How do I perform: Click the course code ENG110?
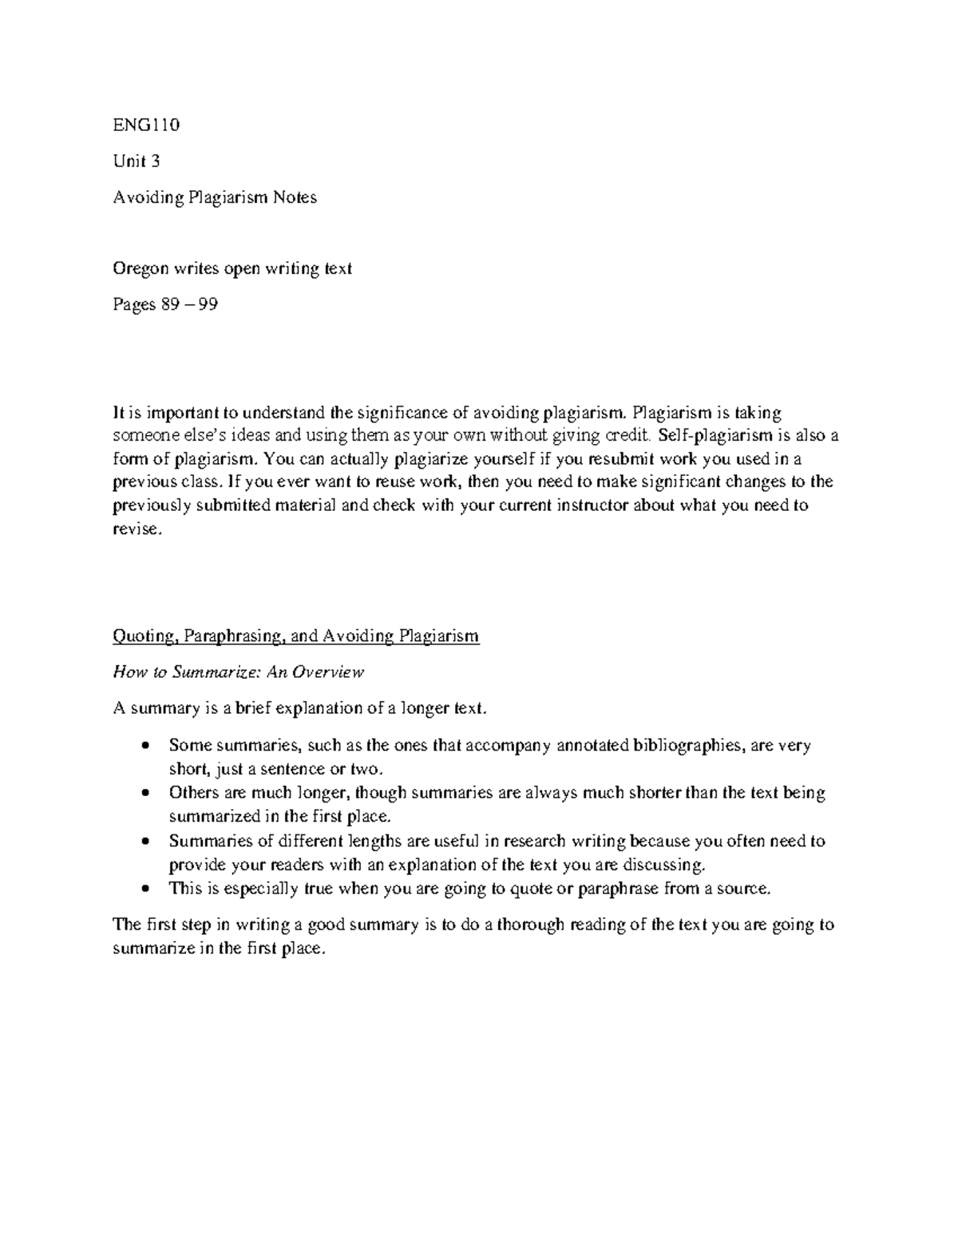click(x=147, y=125)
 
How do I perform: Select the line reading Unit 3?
click(x=136, y=161)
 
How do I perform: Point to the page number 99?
click(x=208, y=305)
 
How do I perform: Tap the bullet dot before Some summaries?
click(x=144, y=747)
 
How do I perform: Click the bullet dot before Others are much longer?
click(x=144, y=794)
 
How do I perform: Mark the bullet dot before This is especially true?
click(x=144, y=889)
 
